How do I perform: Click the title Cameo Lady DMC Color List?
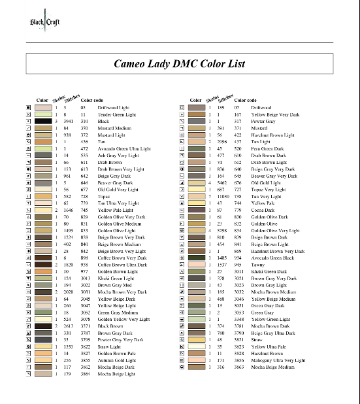point(180,63)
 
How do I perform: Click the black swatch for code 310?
point(43,121)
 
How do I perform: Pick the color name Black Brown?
point(112,326)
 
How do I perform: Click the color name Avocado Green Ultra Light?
point(124,148)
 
